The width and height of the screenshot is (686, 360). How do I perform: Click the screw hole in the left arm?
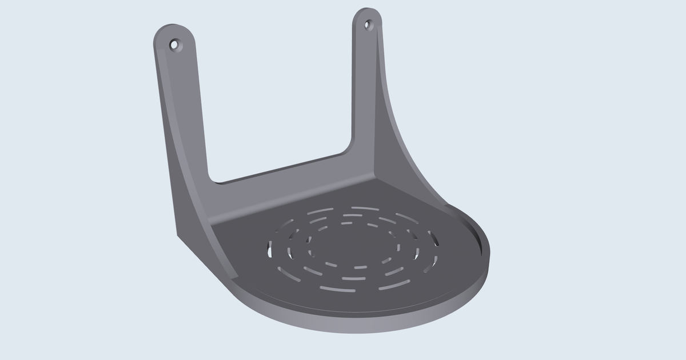[x=174, y=44]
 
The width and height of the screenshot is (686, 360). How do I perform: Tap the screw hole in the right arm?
[x=368, y=25]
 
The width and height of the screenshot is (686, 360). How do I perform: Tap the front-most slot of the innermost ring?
[x=360, y=267]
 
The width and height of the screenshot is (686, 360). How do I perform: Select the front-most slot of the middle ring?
[x=353, y=279]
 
